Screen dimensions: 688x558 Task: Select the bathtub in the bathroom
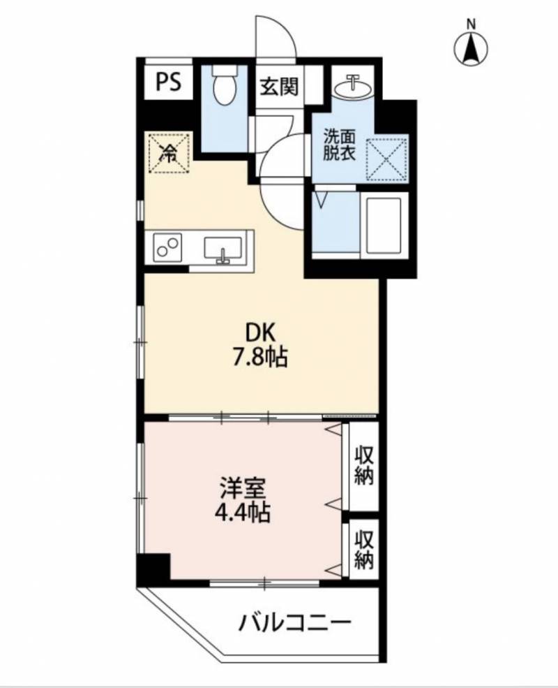383,224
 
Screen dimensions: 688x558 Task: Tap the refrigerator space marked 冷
168,153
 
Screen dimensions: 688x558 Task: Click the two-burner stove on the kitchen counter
167,247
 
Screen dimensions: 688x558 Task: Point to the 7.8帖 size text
257,359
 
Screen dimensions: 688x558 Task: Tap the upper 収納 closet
363,465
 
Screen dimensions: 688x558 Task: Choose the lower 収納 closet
363,549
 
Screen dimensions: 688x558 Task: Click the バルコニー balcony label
292,621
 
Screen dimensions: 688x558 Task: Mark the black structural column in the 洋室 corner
153,568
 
